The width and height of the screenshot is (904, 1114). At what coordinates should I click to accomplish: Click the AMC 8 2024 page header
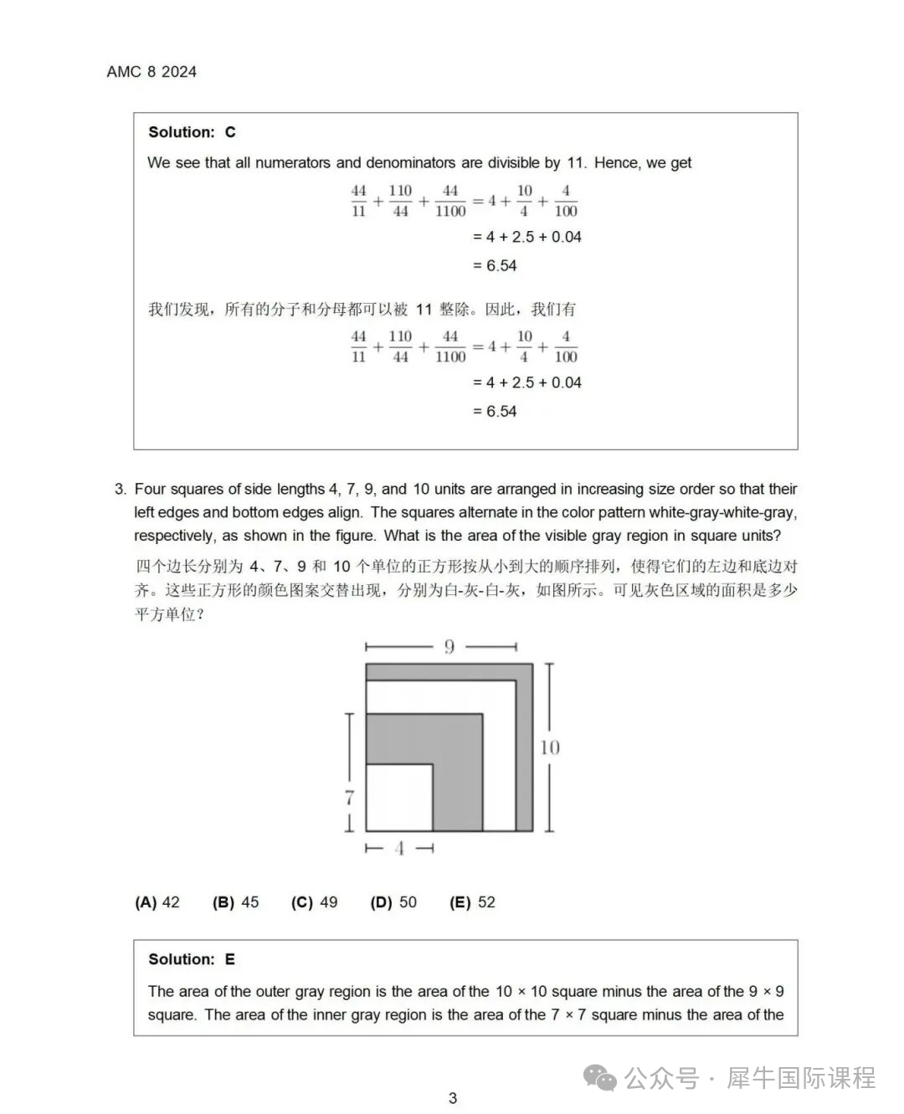tap(152, 72)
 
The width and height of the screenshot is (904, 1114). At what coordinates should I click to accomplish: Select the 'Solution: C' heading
tap(192, 132)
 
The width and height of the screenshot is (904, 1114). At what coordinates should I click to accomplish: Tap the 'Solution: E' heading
tap(192, 959)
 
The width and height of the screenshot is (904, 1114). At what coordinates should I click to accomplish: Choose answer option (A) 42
tap(157, 902)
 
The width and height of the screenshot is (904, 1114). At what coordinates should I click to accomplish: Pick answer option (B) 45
tap(236, 902)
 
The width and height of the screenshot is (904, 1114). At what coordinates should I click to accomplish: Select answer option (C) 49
tap(315, 902)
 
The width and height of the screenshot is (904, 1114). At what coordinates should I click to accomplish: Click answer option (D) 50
tap(393, 902)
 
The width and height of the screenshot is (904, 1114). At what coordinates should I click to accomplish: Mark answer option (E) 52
tap(472, 902)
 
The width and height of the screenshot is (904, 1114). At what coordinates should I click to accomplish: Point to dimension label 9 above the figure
tap(449, 646)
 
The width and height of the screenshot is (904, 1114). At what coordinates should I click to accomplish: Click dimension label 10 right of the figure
tap(550, 747)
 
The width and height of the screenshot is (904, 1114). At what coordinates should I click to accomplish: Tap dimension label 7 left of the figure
tap(350, 798)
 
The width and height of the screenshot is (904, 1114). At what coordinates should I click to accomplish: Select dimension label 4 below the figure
tap(399, 849)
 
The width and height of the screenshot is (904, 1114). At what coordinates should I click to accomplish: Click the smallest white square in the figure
tap(399, 797)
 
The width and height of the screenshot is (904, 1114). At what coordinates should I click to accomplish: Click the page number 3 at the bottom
tap(453, 1098)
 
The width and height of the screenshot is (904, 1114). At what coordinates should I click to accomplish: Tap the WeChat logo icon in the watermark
tap(600, 1078)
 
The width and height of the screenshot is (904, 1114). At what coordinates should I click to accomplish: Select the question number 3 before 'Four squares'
tap(121, 489)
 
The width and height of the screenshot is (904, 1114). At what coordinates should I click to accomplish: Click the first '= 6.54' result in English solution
tap(495, 265)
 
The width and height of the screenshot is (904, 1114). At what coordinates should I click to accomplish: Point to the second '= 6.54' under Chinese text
tap(495, 411)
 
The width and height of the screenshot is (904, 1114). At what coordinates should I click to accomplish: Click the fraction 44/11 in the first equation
tap(358, 201)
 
